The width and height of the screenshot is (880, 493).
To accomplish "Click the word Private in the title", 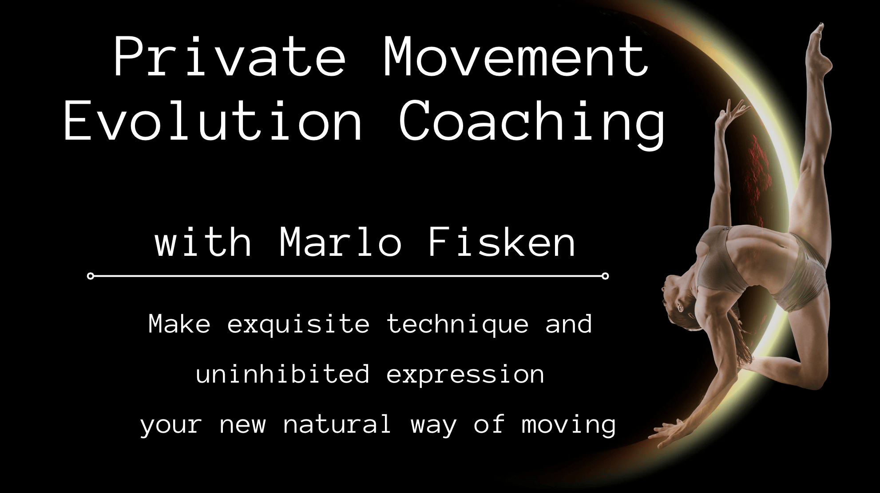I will (x=229, y=58).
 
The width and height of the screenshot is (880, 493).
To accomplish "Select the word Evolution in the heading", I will (x=214, y=121).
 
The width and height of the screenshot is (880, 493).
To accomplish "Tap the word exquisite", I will (x=298, y=324).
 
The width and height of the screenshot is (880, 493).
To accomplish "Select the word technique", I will (x=457, y=324).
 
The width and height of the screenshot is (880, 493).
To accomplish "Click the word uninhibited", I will (x=282, y=374).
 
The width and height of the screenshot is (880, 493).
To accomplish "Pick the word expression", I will (x=465, y=375).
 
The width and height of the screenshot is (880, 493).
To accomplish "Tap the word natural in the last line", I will (x=337, y=424).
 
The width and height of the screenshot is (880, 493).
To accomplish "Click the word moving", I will (x=569, y=425).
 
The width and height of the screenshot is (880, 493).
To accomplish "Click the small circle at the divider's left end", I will (x=91, y=276).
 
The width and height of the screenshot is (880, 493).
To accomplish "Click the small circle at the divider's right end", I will (x=605, y=276).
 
